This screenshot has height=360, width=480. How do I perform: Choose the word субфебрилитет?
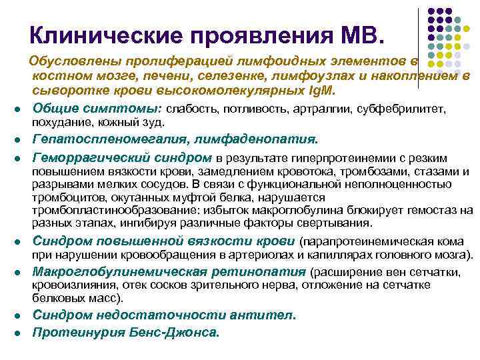pos(403,109)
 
